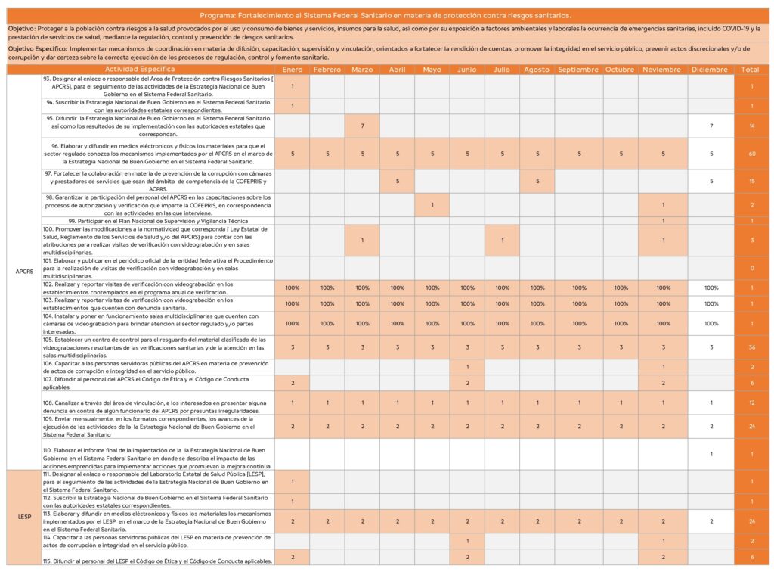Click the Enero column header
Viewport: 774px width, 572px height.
292,70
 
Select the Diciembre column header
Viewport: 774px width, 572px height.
711,70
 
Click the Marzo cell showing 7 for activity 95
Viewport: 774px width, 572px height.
363,126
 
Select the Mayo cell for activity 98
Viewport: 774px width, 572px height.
432,205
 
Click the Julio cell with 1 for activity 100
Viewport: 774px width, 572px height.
502,241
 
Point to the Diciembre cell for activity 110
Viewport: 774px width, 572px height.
711,454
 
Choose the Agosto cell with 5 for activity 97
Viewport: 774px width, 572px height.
537,181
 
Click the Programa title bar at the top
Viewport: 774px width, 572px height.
386,14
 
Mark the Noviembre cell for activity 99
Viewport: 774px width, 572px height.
663,220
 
